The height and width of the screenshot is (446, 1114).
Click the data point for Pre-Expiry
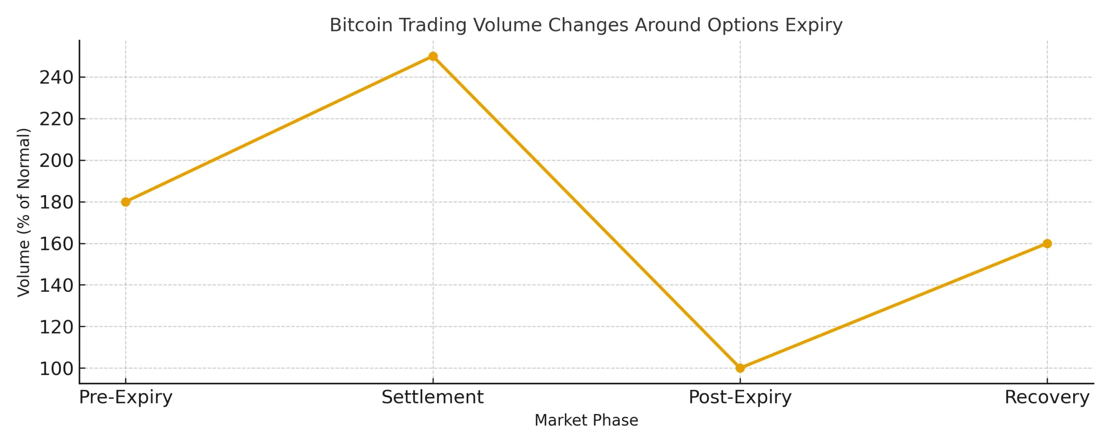(125, 202)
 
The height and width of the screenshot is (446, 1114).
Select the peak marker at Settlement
(433, 56)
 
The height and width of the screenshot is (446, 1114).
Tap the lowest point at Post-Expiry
(740, 368)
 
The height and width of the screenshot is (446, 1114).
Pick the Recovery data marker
(1047, 243)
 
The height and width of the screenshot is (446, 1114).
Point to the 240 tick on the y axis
(56, 78)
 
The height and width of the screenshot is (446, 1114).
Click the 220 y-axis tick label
(56, 119)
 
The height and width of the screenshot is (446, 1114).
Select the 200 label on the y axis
(56, 161)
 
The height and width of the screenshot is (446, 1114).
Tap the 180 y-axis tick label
(56, 202)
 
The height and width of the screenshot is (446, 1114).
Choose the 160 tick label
(56, 244)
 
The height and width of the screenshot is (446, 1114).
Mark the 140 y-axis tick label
(56, 285)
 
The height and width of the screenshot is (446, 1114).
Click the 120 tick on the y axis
(56, 327)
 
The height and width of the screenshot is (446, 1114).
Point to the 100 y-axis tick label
(56, 368)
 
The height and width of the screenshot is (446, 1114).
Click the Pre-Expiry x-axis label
(125, 397)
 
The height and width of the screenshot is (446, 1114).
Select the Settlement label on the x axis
(433, 397)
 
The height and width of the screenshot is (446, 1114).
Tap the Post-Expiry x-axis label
(740, 397)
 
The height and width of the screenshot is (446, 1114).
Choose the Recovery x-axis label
(1047, 397)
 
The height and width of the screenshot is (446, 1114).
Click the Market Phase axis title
(586, 420)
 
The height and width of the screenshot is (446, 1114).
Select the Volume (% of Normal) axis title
(23, 213)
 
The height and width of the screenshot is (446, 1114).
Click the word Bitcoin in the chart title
(361, 25)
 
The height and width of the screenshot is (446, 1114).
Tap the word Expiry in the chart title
(814, 25)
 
